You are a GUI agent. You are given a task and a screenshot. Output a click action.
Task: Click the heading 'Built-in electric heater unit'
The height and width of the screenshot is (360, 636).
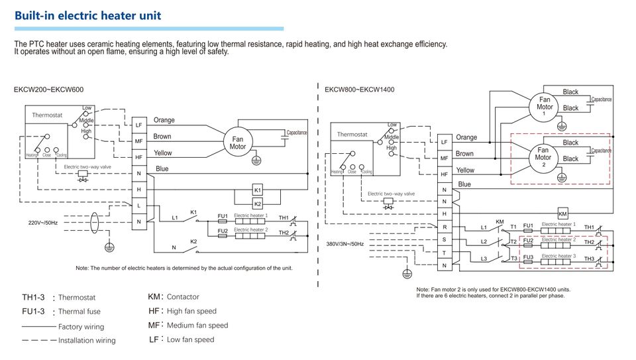[87, 15]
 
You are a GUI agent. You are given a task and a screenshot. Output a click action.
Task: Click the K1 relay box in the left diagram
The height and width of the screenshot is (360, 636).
[258, 190]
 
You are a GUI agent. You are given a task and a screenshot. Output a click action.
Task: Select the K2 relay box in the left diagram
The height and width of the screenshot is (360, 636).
[258, 204]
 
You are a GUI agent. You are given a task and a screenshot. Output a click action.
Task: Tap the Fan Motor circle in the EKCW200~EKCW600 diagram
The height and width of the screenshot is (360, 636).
[238, 143]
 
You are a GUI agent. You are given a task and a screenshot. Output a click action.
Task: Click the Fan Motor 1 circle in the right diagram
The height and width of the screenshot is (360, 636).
[545, 107]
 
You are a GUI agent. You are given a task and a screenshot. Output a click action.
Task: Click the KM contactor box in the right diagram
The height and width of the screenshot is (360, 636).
[562, 213]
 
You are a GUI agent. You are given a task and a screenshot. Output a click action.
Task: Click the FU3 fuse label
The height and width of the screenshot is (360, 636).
[528, 257]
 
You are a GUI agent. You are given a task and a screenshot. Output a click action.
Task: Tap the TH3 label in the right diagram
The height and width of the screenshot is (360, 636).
[589, 258]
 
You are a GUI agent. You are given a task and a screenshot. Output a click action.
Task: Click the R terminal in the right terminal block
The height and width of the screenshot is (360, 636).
[444, 227]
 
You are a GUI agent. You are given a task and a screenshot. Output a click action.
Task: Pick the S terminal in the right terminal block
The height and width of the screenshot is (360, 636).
[444, 239]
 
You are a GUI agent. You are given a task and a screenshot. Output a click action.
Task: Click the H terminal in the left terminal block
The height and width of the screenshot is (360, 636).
[138, 190]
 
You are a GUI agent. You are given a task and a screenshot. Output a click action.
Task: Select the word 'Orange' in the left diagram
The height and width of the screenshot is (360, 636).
[164, 120]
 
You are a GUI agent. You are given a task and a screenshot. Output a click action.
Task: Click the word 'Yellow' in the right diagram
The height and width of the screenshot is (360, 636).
[466, 170]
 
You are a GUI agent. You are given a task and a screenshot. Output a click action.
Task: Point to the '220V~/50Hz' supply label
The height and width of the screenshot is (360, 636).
[43, 222]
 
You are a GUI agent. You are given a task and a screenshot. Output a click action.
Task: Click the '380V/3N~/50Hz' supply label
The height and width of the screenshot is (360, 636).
[345, 244]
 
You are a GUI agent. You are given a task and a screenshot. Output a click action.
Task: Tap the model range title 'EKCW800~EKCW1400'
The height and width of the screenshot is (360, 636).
[359, 90]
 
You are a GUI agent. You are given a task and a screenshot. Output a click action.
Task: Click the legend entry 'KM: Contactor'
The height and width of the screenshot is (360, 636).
[174, 296]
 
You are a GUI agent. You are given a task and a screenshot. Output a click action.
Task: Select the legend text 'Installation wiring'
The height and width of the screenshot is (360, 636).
[87, 341]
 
